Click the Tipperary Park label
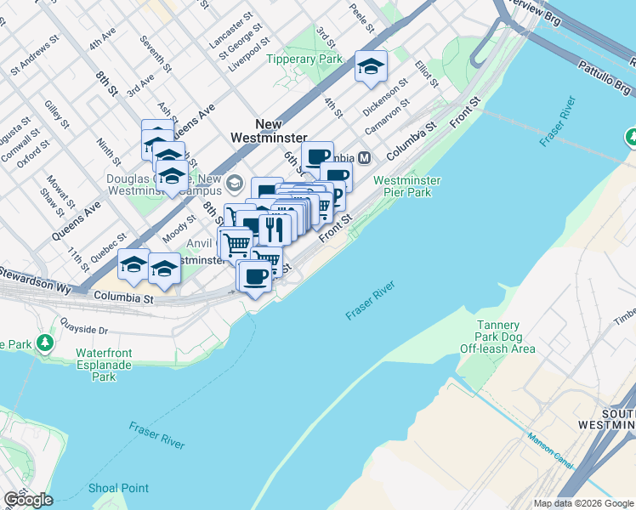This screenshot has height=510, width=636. (304, 59)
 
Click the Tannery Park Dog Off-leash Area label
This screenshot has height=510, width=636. (498, 337)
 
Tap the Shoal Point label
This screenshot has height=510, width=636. (118, 488)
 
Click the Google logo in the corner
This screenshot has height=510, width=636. (28, 500)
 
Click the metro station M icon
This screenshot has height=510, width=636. (364, 157)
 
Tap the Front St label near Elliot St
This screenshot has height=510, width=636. (465, 111)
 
